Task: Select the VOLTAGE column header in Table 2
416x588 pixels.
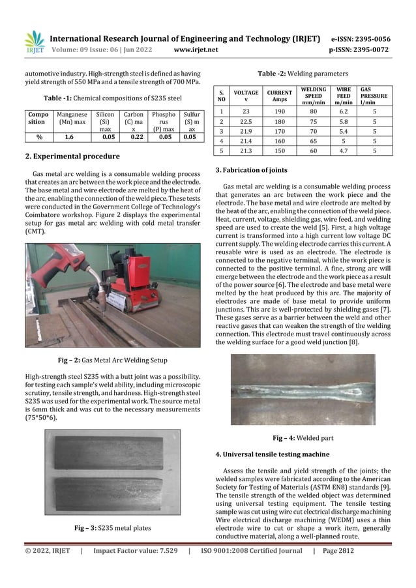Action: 246,95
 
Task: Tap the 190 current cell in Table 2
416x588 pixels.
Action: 279,111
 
